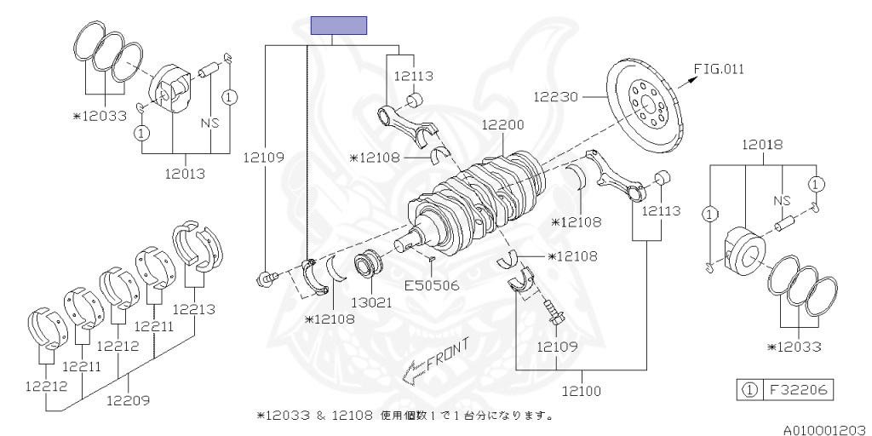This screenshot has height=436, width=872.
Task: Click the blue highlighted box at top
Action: pyautogui.click(x=338, y=26)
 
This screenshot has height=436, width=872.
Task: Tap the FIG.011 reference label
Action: pyautogui.click(x=719, y=69)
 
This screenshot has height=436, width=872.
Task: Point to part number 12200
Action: pyautogui.click(x=502, y=124)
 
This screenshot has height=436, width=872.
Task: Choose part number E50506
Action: pyautogui.click(x=432, y=285)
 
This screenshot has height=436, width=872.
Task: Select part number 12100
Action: pyautogui.click(x=582, y=391)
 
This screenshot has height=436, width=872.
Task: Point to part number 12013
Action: pyautogui.click(x=186, y=174)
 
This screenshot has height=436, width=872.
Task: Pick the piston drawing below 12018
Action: pyautogui.click(x=747, y=248)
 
